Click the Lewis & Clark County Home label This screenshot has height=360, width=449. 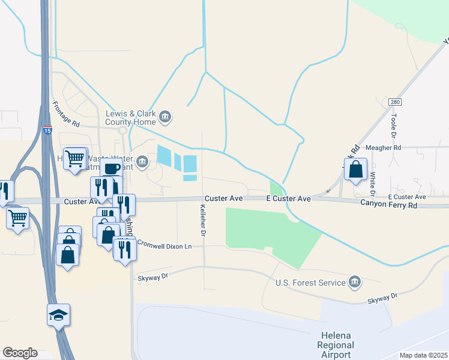click(x=130, y=116)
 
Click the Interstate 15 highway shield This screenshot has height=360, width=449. click(x=47, y=130)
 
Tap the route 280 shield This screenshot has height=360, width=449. click(x=394, y=103)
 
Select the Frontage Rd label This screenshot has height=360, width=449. click(x=66, y=114)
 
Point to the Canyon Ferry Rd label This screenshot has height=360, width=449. click(x=388, y=205)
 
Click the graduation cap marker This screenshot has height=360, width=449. click(x=59, y=314)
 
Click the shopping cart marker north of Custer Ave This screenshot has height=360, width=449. click(x=75, y=159)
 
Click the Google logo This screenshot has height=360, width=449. click(x=20, y=353)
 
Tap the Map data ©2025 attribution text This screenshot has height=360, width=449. click(x=423, y=355)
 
